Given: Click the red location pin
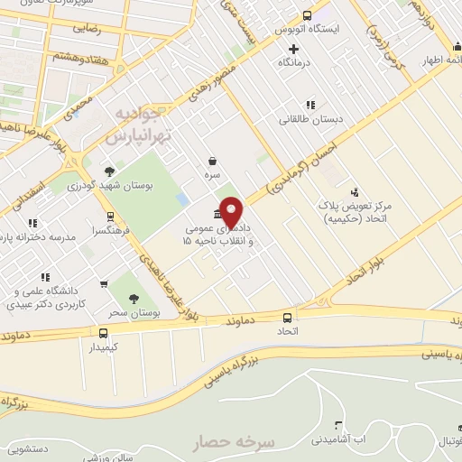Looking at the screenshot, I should [x=232, y=211].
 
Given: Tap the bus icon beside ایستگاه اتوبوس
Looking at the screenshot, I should [x=307, y=15].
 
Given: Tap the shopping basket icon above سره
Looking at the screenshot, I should [x=211, y=162].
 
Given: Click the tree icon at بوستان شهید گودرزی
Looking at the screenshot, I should [x=109, y=171].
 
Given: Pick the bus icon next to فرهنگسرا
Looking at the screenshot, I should [x=110, y=217].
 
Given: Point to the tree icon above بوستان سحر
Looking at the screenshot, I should [x=134, y=299].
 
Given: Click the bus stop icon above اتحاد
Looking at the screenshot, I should [x=288, y=318].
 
